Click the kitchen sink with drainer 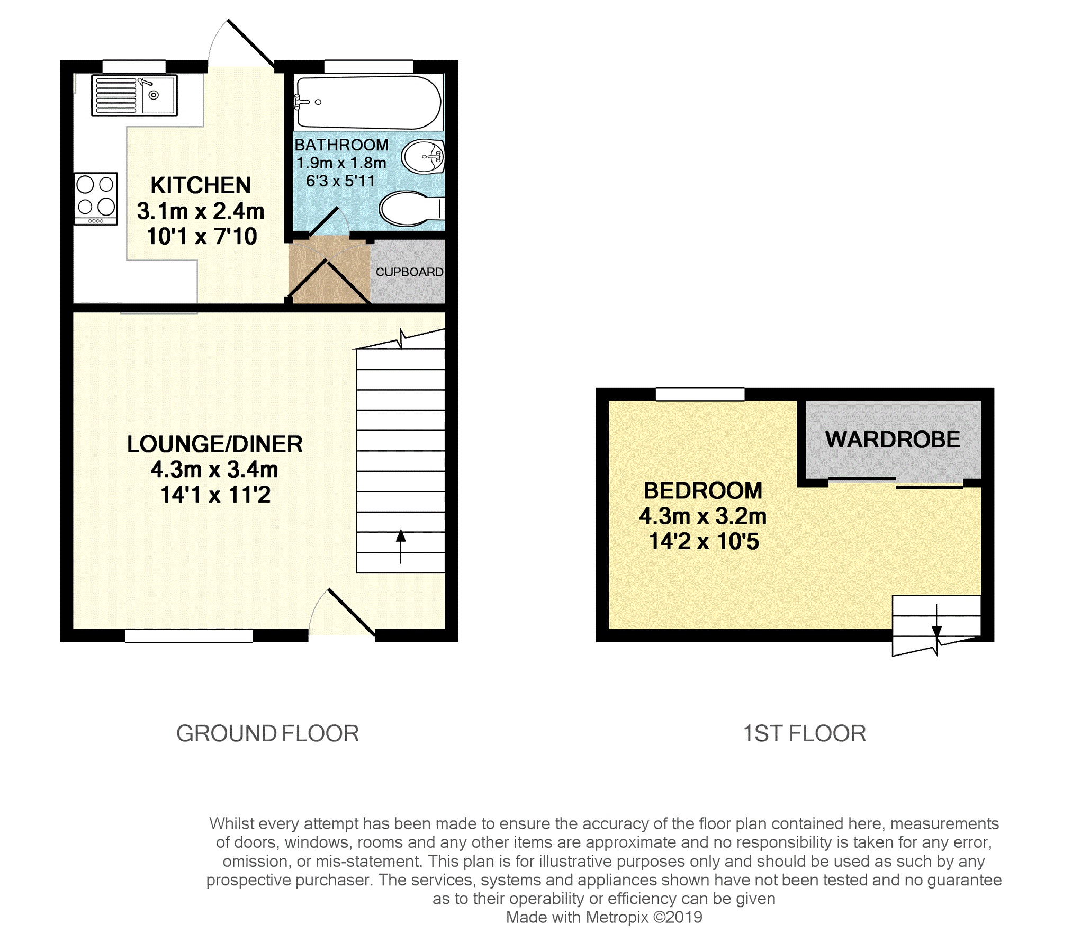[x=134, y=95]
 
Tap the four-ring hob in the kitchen [x=96, y=199]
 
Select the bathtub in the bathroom [x=368, y=102]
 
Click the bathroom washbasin [x=423, y=156]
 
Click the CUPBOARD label [x=409, y=272]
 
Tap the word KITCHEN [x=201, y=185]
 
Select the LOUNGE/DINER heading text [x=214, y=444]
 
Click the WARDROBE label [x=893, y=439]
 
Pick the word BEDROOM [x=703, y=490]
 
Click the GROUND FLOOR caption [x=267, y=733]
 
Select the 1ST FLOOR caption [x=804, y=733]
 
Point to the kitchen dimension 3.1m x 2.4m [x=201, y=211]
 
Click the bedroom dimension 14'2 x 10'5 [x=704, y=541]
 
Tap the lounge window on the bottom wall [x=189, y=636]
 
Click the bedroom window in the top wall [x=700, y=394]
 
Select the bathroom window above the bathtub [x=368, y=66]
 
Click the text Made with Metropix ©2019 [x=604, y=917]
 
